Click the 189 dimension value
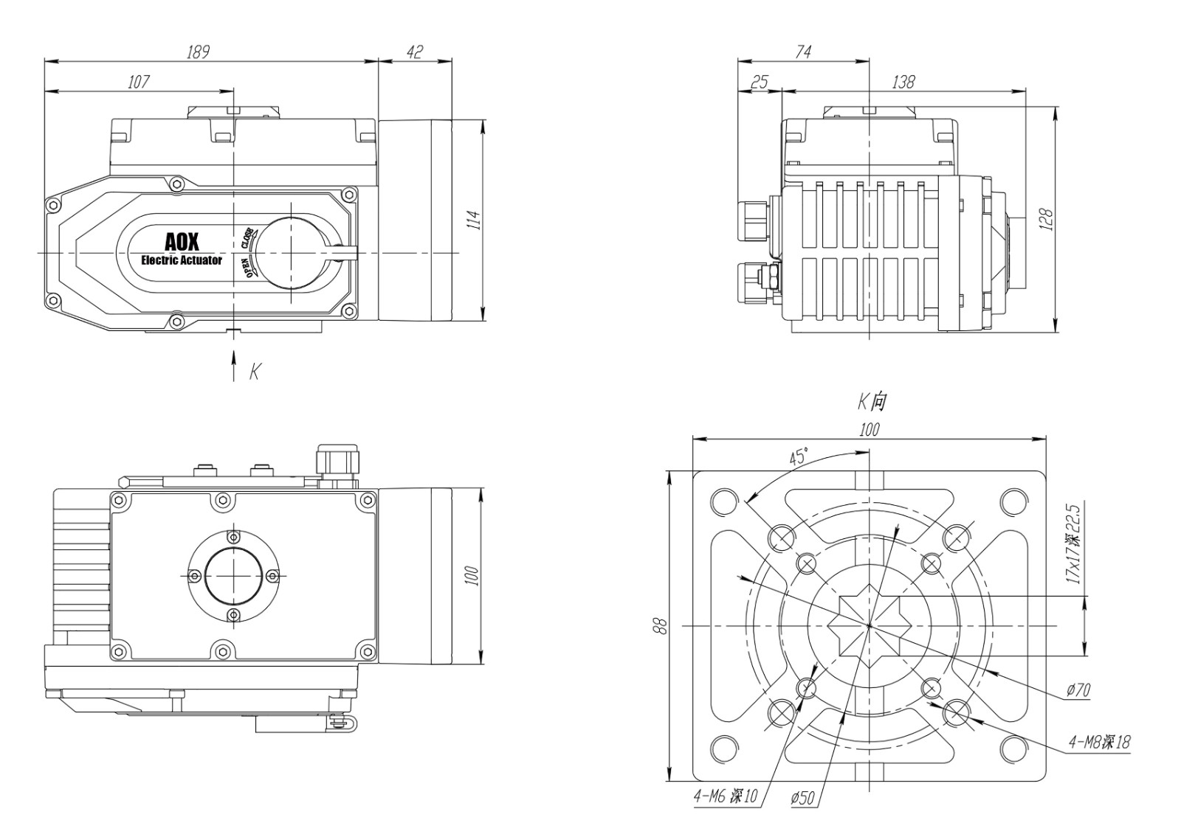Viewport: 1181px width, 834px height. pos(198,52)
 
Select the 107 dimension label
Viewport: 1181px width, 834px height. pos(138,81)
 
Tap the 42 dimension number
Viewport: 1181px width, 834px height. pos(415,52)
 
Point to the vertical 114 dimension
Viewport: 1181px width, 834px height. pos(476,220)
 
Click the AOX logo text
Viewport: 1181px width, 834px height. pos(181,243)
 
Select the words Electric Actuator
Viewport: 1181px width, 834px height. pos(182,260)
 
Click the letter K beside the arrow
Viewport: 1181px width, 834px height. pos(254,371)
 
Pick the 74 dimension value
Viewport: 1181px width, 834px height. pos(803,52)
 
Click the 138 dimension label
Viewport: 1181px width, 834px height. pos(903,81)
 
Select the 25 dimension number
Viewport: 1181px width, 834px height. pos(759,81)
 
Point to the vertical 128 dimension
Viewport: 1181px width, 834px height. pos(1046,219)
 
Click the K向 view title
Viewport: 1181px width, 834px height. pos(871,402)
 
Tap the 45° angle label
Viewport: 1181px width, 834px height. pos(799,456)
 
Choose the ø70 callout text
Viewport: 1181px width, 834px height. pos(1078,690)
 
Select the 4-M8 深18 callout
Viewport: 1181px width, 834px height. pos(1098,742)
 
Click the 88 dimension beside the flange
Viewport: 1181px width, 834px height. pos(661,625)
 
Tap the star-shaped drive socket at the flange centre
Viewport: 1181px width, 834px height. pos(870,625)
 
